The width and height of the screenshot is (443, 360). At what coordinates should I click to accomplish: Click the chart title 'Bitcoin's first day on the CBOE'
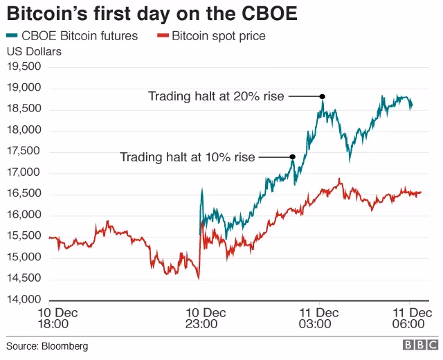point(152,15)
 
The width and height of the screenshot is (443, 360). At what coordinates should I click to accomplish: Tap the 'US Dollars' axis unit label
point(34,51)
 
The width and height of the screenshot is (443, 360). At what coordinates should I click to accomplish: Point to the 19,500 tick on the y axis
point(24,67)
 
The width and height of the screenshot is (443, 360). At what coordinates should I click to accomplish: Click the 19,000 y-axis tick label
point(24,88)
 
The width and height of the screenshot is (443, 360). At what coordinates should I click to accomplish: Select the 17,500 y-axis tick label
point(24,152)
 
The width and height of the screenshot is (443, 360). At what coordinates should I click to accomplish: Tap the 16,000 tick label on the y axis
point(24,215)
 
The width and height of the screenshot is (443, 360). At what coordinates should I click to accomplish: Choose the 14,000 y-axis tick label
point(24,300)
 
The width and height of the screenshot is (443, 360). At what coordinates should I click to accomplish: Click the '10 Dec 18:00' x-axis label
point(53,318)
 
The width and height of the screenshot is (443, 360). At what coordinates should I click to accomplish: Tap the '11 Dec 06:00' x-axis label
point(409,318)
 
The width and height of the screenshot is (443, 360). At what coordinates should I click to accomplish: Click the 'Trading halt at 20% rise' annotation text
point(216,96)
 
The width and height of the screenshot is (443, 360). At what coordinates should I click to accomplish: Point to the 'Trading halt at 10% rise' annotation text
point(188,157)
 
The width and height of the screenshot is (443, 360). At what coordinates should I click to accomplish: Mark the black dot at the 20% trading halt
point(323,96)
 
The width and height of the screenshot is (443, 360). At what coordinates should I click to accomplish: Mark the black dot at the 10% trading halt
point(293,157)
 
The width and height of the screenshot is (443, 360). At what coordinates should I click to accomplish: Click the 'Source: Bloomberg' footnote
point(47,345)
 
